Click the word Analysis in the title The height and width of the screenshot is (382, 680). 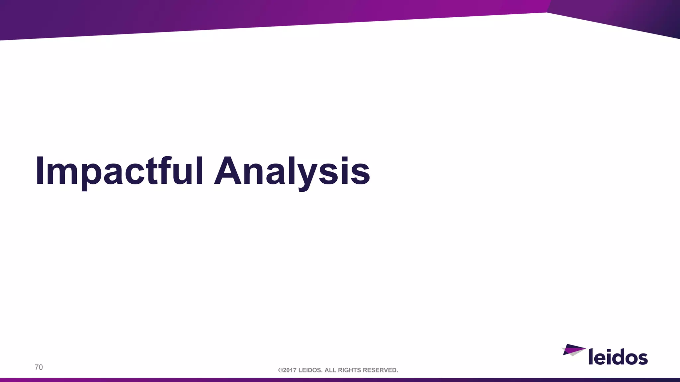pyautogui.click(x=292, y=171)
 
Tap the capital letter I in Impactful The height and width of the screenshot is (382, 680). pyautogui.click(x=40, y=171)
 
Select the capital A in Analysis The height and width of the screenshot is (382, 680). pyautogui.click(x=229, y=171)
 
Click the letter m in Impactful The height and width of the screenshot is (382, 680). pyautogui.click(x=61, y=174)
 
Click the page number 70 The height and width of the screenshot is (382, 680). pyautogui.click(x=39, y=367)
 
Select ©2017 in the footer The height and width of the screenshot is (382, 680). pyautogui.click(x=287, y=370)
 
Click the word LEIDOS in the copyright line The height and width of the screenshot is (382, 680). pyautogui.click(x=310, y=370)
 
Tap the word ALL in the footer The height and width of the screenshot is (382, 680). pyautogui.click(x=330, y=370)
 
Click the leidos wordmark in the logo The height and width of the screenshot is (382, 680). pyautogui.click(x=618, y=356)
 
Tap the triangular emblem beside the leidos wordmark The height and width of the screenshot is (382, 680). pyautogui.click(x=573, y=350)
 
